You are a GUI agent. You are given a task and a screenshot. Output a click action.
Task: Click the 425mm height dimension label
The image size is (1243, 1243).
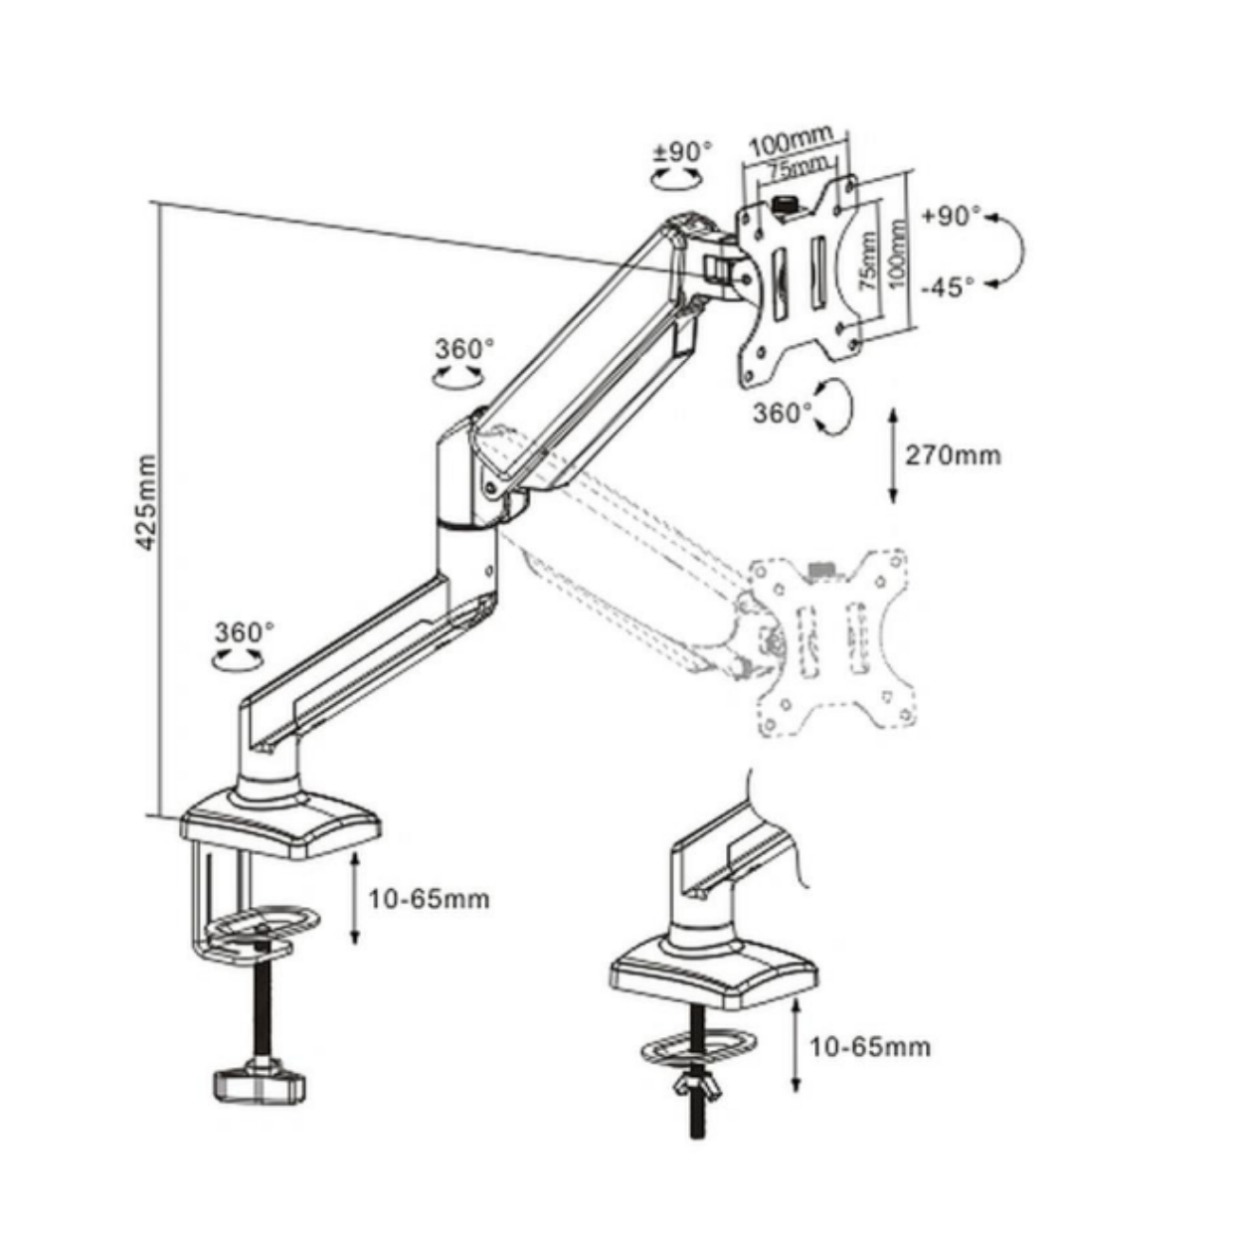point(147,502)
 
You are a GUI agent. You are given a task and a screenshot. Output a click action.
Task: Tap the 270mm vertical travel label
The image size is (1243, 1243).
point(954,456)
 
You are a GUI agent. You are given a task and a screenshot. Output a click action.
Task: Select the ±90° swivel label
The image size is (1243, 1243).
point(684,151)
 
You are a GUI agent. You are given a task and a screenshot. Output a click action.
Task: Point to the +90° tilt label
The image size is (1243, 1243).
point(951,216)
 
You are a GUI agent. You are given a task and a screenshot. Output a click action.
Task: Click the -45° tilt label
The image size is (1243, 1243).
point(948,286)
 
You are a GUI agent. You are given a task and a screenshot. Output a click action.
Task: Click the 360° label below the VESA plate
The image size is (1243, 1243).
point(783,413)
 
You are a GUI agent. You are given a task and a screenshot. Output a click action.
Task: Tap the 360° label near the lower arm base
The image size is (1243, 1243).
point(245,632)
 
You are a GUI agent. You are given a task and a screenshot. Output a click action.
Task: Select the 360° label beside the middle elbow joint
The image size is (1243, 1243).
point(464,349)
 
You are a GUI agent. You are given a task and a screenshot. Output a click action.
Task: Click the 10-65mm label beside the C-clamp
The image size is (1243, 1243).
point(429,899)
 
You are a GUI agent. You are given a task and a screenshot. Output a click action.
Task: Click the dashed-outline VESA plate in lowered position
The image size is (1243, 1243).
point(832,643)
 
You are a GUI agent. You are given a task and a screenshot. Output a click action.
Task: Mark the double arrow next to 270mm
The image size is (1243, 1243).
point(893,455)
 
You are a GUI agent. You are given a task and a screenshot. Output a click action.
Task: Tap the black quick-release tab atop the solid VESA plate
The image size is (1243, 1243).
point(785,207)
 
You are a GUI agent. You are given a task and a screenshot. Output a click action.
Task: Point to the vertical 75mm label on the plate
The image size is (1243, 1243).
point(868,262)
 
